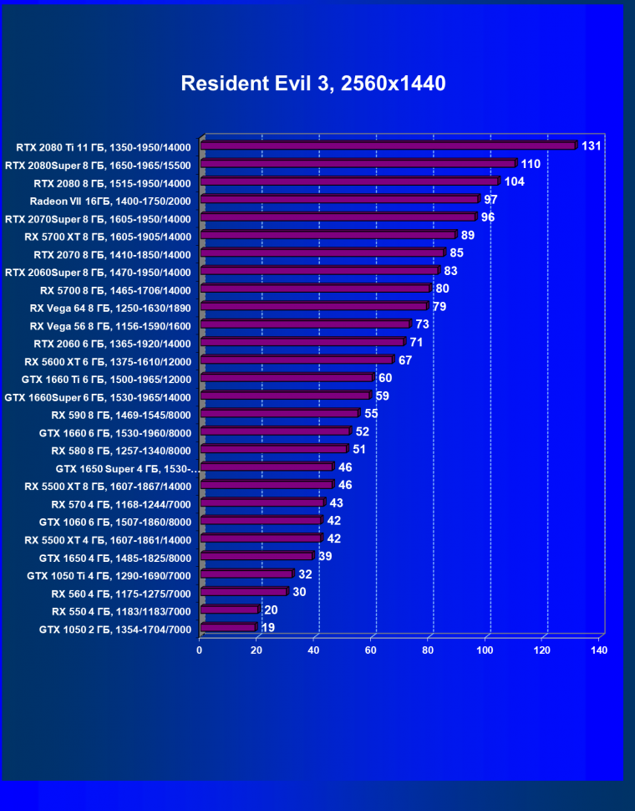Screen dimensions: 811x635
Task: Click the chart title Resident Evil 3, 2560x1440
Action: coord(313,84)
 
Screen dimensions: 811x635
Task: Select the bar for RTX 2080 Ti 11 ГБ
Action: coord(389,145)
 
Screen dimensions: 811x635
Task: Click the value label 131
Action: coord(592,146)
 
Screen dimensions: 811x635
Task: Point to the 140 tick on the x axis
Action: coord(598,650)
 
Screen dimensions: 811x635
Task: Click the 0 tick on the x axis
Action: coord(200,650)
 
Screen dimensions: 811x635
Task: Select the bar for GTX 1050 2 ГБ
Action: coord(228,627)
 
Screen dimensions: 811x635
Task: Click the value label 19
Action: coord(268,627)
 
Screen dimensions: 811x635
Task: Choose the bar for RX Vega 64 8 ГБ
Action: coord(314,306)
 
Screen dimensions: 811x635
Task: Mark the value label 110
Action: coord(531,164)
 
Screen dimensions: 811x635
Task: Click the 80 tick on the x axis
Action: coord(428,650)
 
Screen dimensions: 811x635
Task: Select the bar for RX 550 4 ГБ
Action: coord(230,610)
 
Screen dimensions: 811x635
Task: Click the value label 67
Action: coord(405,360)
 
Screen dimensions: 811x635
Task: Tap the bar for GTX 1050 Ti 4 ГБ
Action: coord(247,574)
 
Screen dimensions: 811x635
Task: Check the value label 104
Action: coord(514,181)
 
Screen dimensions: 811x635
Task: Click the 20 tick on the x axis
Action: coord(257,650)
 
